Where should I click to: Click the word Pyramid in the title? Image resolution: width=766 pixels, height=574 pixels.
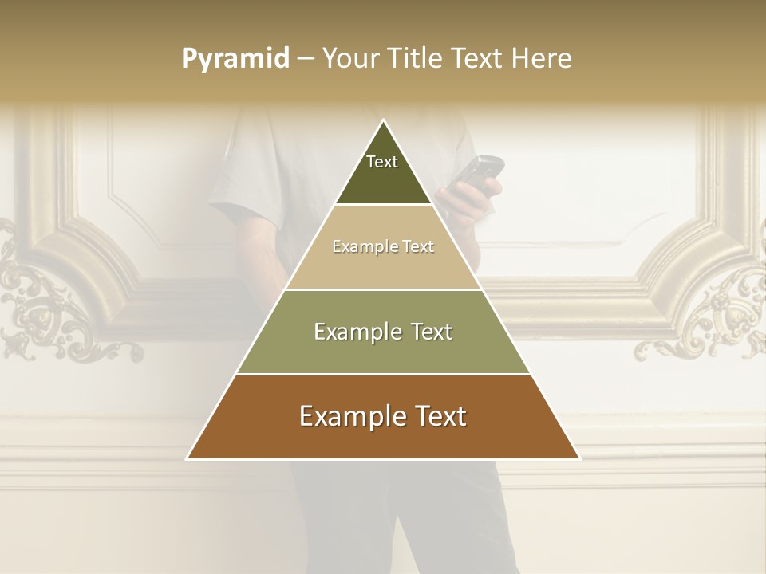click(x=235, y=59)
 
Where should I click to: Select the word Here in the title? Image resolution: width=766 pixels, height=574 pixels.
click(x=541, y=59)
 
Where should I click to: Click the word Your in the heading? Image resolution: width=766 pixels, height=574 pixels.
click(x=350, y=59)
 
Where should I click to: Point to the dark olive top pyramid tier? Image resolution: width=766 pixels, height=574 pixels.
click(x=383, y=183)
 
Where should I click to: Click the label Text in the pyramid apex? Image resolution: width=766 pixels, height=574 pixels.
click(x=382, y=162)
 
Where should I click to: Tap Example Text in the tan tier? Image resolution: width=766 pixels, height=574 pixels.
click(x=383, y=246)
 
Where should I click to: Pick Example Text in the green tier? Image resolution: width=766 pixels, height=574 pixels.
click(x=383, y=332)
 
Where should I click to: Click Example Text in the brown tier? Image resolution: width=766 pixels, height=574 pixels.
click(x=383, y=416)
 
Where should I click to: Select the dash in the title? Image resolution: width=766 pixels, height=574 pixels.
click(x=306, y=59)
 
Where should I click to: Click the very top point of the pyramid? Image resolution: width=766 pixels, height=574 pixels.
click(x=384, y=121)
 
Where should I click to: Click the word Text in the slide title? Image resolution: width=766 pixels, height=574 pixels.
click(x=477, y=59)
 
